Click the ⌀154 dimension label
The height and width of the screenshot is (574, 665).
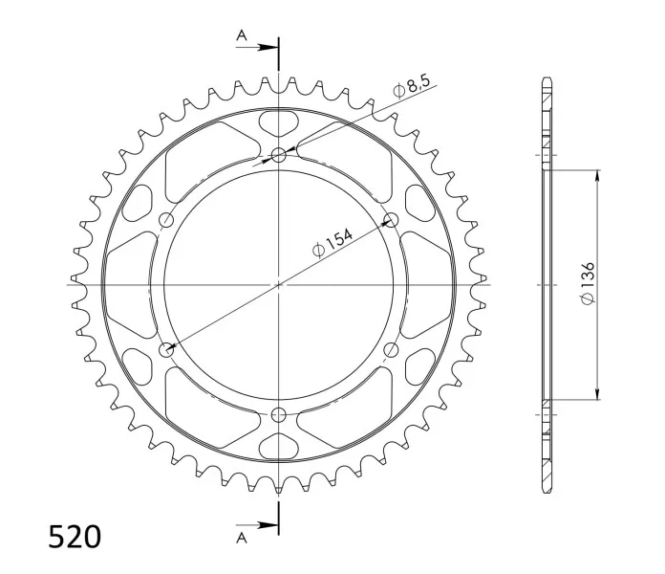332,243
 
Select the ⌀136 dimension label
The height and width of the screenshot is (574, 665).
589,283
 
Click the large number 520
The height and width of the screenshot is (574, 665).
75,537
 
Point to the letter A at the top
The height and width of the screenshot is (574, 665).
242,35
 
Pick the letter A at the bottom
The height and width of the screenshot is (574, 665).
242,539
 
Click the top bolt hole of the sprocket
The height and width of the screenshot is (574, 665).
279,155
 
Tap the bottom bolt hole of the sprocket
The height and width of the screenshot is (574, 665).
279,414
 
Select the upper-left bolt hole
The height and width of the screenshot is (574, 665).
166,220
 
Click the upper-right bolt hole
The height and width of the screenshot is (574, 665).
391,220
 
